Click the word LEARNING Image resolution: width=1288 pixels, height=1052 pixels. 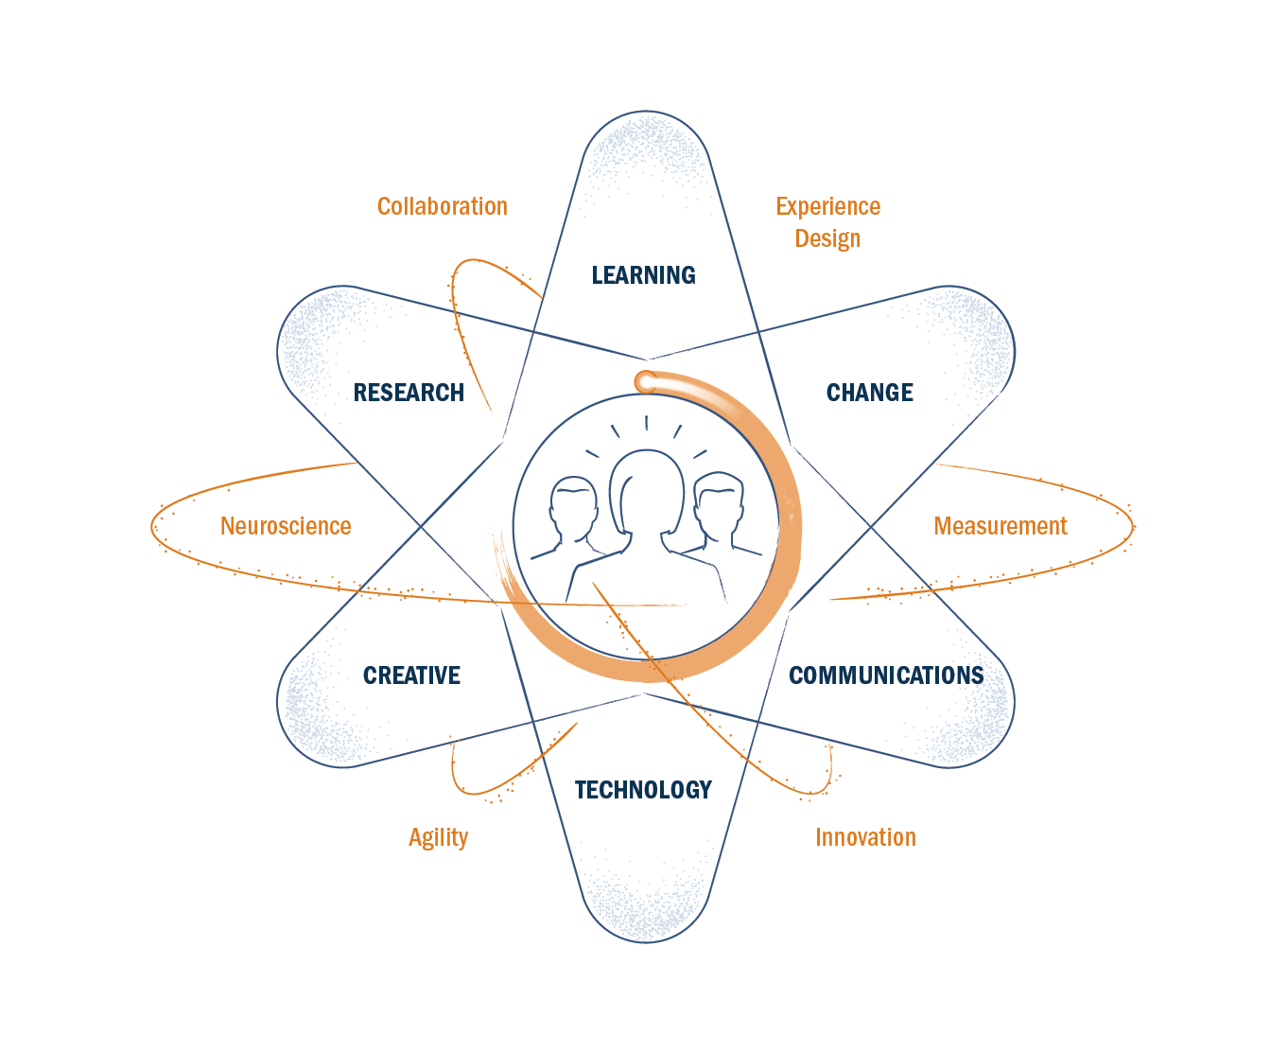pos(643,275)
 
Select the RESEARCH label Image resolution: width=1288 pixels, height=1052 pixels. pos(409,393)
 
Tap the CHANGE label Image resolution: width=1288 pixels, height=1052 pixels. pos(869,393)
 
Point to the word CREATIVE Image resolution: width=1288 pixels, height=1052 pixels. pos(411,675)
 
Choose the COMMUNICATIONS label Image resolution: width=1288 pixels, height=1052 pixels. pos(886,675)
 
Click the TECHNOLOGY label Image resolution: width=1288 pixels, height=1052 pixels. pos(643,790)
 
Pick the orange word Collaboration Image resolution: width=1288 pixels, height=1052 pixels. pos(442,206)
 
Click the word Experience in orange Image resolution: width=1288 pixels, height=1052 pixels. pos(827,206)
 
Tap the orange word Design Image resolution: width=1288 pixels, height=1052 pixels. pos(827,238)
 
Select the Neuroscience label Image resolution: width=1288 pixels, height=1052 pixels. pos(286,526)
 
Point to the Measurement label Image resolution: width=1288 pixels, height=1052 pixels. pos(1001,526)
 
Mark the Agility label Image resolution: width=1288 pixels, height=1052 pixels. pos(438,837)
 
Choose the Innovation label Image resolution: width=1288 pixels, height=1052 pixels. pos(865,837)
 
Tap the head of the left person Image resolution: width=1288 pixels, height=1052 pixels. pos(574,506)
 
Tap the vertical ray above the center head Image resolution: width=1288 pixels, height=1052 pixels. pos(646,423)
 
